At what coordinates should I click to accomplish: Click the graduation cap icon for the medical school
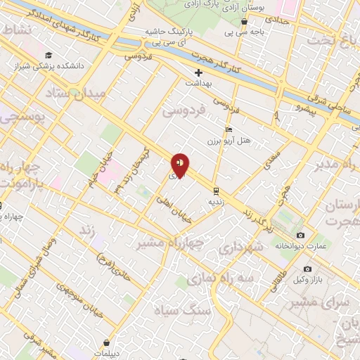click(x=47, y=56)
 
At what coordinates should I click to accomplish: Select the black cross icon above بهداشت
click(x=199, y=72)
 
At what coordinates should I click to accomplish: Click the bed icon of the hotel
click(x=227, y=131)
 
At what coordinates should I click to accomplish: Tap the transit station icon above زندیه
click(x=216, y=190)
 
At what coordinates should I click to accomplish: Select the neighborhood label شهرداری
click(x=239, y=248)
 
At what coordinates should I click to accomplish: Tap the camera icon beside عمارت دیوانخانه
click(x=300, y=235)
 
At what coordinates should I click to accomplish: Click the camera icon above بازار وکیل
click(x=307, y=269)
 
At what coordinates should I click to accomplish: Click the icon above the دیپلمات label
click(x=105, y=342)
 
